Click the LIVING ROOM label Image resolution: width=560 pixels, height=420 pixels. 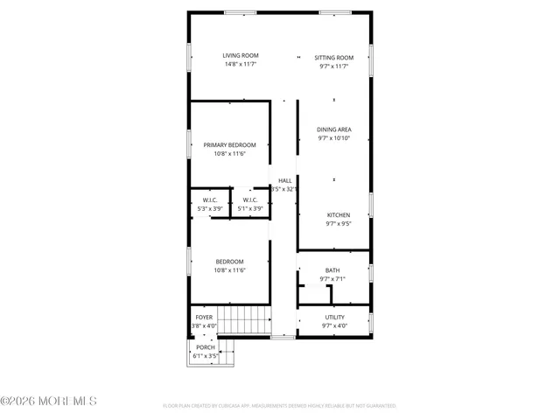point(240,56)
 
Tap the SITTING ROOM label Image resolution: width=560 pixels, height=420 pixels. point(333,57)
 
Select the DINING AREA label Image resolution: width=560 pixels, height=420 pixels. point(333,129)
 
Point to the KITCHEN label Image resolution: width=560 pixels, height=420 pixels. point(338,215)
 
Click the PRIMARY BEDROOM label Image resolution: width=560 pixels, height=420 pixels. point(229,145)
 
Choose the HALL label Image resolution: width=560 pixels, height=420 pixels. point(284,180)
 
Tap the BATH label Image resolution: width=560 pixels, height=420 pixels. point(332,270)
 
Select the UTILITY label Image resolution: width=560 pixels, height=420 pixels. point(333,317)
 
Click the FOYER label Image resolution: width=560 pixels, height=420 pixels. point(203,318)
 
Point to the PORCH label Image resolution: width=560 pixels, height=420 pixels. point(206,347)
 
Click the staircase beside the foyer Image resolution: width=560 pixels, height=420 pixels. point(243,320)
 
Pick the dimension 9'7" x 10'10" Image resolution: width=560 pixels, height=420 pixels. point(333,138)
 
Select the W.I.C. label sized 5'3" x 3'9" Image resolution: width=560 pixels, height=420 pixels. point(209,208)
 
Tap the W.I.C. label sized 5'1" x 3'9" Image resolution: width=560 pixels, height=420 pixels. point(250,208)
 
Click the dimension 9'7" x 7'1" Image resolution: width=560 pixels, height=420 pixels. point(332,279)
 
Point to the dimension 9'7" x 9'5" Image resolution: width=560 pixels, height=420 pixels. point(338,224)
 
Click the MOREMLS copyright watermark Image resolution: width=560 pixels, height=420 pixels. point(49,402)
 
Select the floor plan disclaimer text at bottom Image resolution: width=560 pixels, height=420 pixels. point(280,406)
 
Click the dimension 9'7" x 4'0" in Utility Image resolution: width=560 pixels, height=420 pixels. point(333,326)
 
